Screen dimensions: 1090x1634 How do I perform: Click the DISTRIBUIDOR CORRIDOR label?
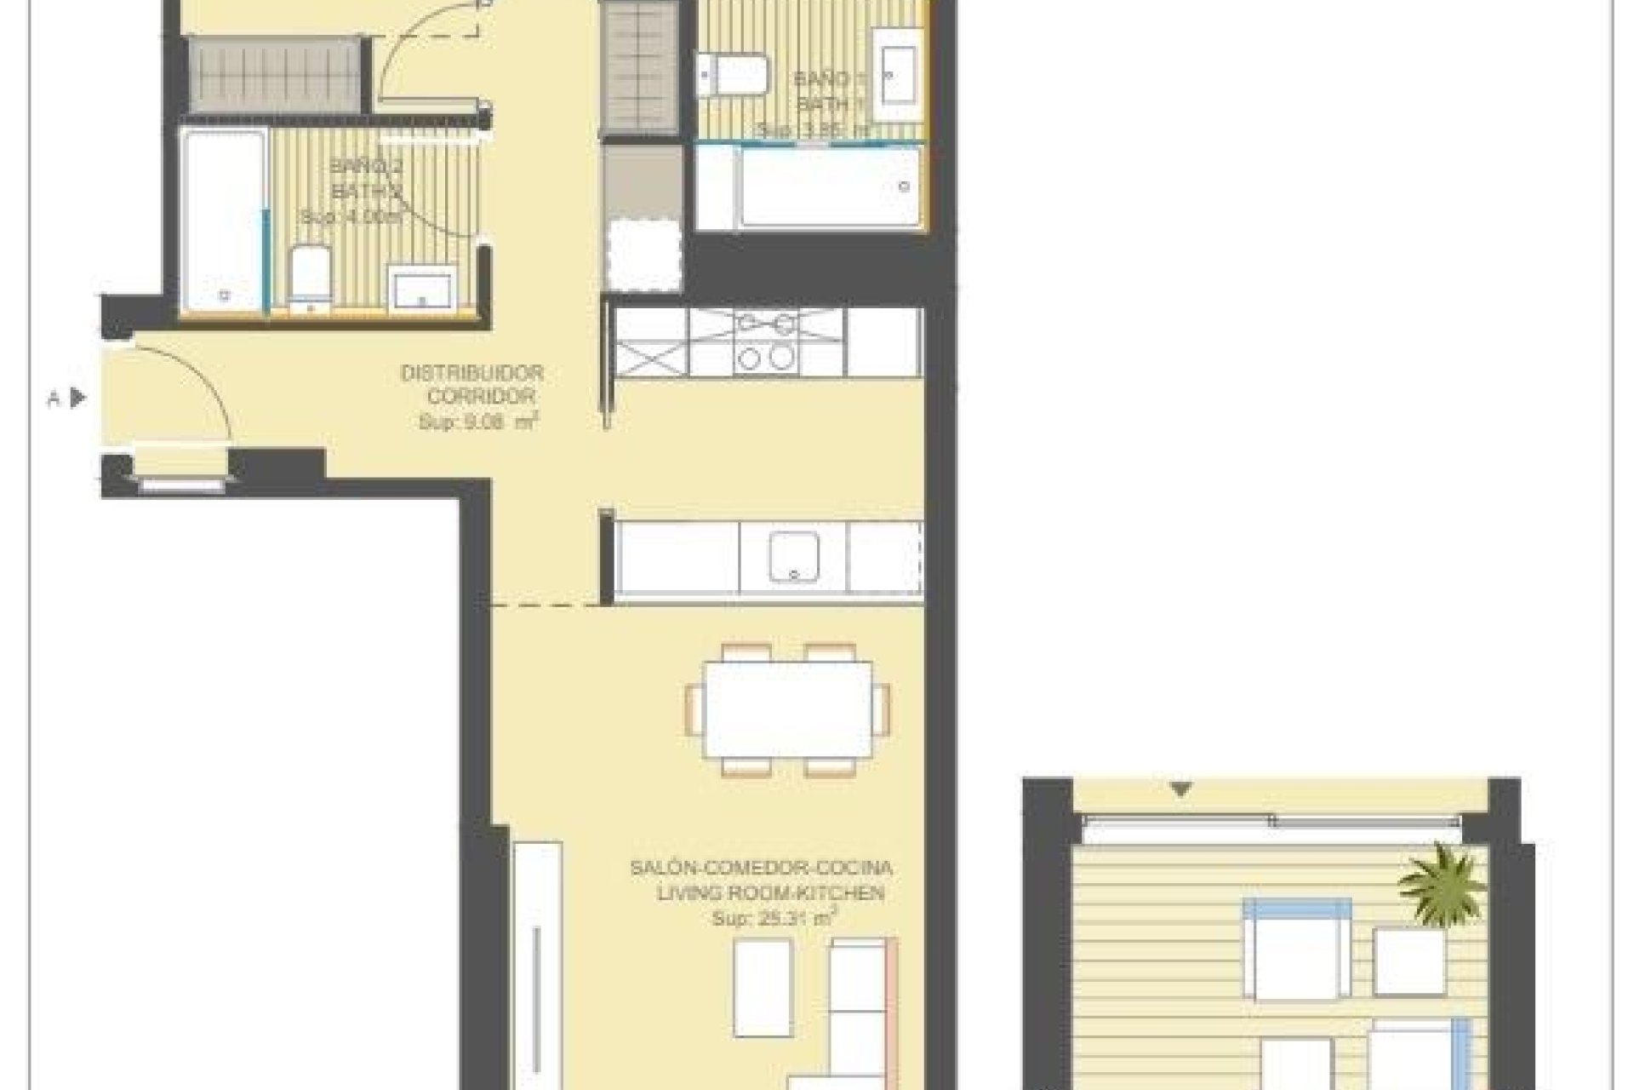[x=471, y=385]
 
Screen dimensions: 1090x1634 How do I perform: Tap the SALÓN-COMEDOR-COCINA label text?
[x=761, y=869]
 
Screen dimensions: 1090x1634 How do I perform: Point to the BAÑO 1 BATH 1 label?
[x=821, y=92]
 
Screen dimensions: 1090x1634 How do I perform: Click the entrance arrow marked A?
[x=77, y=398]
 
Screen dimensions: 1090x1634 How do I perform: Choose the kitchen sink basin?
[x=793, y=556]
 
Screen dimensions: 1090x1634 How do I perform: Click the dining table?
[x=788, y=710]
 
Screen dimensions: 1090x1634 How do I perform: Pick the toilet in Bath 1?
[x=733, y=74]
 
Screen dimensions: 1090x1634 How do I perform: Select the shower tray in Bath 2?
[x=222, y=221]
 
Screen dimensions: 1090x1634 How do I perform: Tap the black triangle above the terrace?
[x=1180, y=789]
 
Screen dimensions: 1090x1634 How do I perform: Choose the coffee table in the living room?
[x=763, y=988]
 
